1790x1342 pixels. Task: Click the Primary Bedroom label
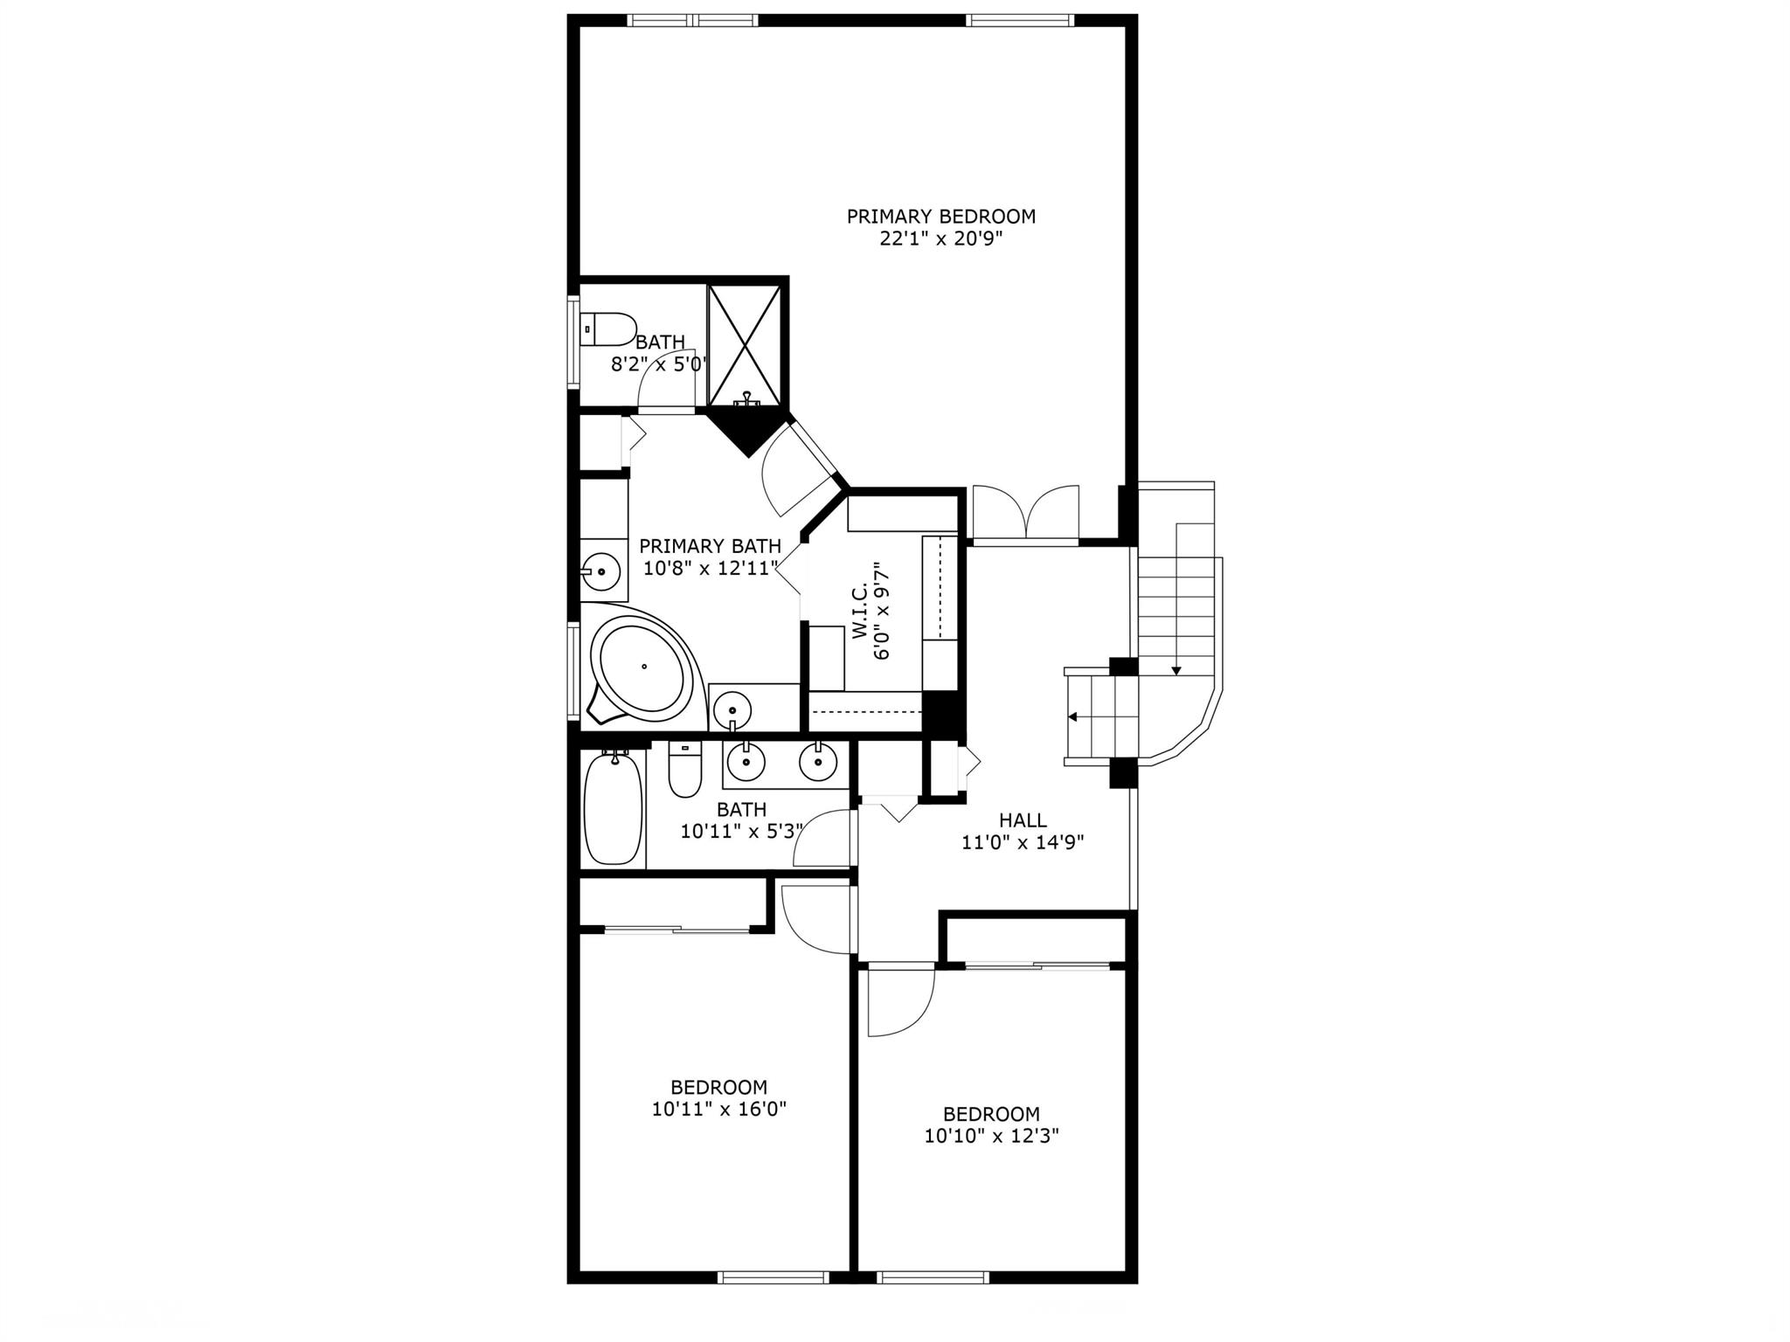[940, 217]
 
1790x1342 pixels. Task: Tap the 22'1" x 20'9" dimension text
[940, 239]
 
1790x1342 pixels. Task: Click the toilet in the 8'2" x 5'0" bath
[608, 329]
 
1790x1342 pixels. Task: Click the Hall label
[1023, 820]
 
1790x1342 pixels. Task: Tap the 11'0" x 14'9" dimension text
[1023, 843]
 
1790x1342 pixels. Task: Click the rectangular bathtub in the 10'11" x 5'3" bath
[614, 808]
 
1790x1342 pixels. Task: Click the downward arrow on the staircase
[1176, 669]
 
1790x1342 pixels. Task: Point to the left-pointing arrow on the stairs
[1072, 717]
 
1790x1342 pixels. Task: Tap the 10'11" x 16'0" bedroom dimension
[719, 1110]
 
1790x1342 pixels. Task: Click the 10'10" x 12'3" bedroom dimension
[991, 1137]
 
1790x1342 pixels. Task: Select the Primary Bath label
[710, 546]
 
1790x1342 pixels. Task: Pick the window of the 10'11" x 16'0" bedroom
[773, 1276]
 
